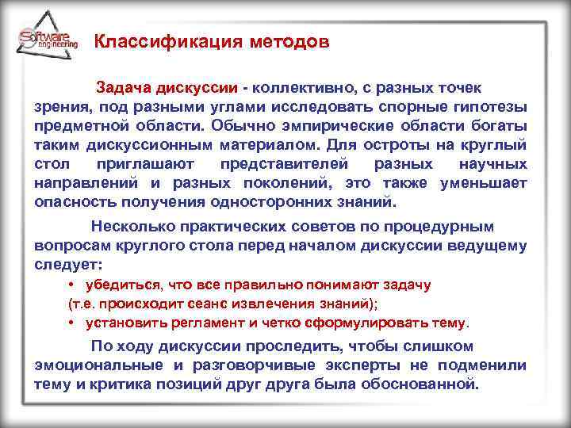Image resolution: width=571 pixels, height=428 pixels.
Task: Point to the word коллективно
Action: tap(301, 86)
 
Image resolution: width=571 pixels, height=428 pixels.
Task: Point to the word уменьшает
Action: tap(485, 183)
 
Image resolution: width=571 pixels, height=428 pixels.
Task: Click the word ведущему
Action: tap(489, 246)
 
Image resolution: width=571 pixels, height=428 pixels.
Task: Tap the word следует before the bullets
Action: tap(67, 264)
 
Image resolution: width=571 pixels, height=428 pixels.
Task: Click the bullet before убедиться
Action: tap(71, 285)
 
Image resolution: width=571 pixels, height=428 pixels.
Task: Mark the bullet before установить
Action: tap(71, 323)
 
